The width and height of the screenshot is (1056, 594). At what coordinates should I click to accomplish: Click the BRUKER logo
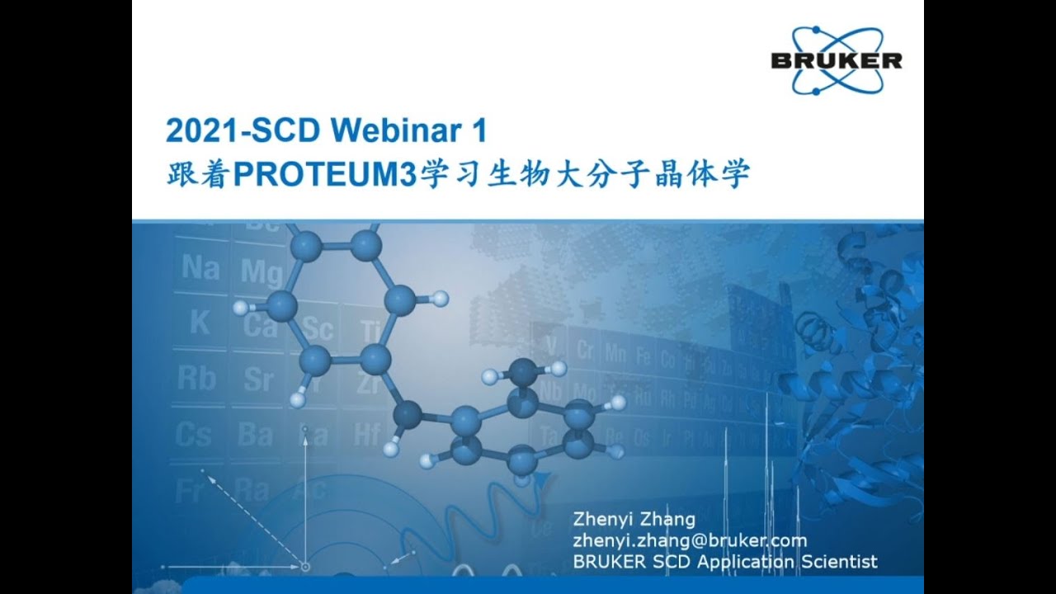tap(836, 60)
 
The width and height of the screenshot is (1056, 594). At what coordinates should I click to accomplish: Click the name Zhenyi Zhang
tap(634, 520)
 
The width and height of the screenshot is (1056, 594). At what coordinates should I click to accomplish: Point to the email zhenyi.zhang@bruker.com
tap(689, 540)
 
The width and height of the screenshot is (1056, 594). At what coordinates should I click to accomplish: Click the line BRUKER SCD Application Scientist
tap(724, 562)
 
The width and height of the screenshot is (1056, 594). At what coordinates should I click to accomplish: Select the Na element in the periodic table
tap(200, 268)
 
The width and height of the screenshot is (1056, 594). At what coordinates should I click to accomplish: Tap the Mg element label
tap(262, 271)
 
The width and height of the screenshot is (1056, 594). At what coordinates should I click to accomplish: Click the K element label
tap(199, 323)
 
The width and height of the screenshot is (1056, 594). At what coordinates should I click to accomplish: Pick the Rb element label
tap(196, 379)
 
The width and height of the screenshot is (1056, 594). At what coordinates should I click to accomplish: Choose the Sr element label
tap(258, 379)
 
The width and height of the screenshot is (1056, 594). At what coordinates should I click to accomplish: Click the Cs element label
tap(196, 433)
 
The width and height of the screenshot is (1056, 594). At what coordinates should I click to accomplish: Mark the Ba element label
tap(255, 434)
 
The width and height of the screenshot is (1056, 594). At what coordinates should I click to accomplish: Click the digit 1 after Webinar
tap(479, 130)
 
